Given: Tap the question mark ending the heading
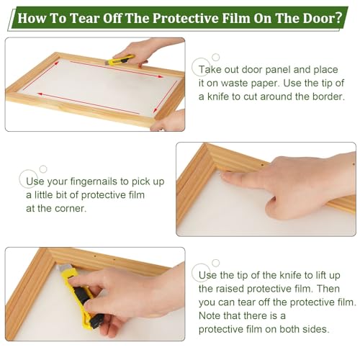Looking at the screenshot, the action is tap(338, 18).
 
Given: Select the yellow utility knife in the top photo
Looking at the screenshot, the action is tap(120, 60).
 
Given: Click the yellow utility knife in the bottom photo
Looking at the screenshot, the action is tap(78, 297).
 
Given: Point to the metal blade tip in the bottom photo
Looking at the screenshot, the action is tap(60, 268).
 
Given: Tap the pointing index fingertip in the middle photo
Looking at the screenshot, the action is tap(225, 177).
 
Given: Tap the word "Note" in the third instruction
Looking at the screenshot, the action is tap(210, 316).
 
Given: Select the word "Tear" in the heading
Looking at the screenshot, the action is tap(85, 18).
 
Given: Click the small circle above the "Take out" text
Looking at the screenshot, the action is tap(216, 57).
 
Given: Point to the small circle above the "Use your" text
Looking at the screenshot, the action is tap(43, 169).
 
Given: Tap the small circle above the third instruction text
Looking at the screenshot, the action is tap(216, 263).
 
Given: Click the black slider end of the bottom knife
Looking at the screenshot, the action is tap(96, 323).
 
